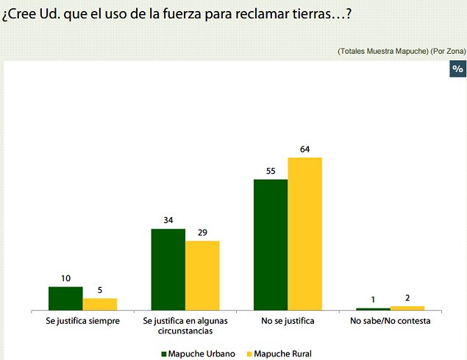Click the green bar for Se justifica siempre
click(65, 298)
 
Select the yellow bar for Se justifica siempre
click(99, 304)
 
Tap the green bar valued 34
click(168, 269)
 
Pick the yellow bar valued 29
click(202, 275)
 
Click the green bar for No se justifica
click(270, 244)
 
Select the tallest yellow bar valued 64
click(304, 233)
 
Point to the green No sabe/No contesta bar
click(373, 308)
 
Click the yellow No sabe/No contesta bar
click(407, 308)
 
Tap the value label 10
click(65, 279)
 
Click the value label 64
click(304, 149)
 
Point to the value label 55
click(270, 172)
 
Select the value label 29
click(202, 233)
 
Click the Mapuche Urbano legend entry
click(198, 354)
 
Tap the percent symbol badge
click(457, 68)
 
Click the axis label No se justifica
click(288, 322)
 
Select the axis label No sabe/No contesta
click(390, 322)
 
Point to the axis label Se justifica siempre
click(82, 322)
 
